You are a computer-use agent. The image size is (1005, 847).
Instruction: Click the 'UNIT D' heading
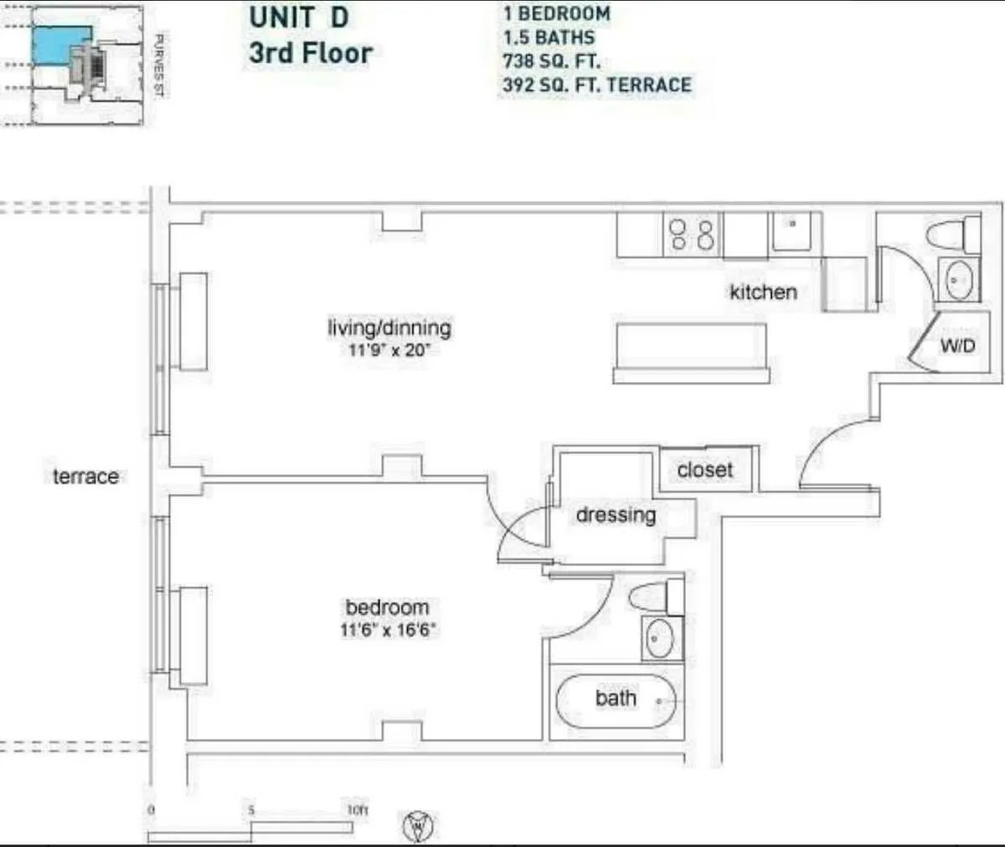pos(298,18)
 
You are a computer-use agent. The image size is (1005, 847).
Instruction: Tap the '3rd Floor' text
pos(310,54)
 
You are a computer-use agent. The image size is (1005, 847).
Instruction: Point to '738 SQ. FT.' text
pos(551,61)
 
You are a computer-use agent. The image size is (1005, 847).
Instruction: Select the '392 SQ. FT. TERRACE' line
pos(596,85)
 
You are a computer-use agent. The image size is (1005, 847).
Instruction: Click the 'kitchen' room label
pos(762,292)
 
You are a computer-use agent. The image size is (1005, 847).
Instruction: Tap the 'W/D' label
pos(957,345)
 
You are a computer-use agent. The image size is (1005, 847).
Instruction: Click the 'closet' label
pos(704,470)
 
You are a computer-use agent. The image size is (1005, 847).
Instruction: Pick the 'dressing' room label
pos(616,514)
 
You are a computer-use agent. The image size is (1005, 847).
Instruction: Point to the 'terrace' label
pos(85,477)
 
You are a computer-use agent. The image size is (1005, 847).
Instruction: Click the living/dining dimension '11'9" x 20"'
pos(389,349)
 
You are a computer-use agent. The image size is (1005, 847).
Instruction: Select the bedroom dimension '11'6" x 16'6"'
pos(388,629)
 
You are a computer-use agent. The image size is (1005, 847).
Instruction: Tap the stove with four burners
pos(692,235)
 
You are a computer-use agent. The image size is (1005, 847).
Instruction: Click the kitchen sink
pos(790,231)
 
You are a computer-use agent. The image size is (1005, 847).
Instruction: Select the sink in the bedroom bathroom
pos(661,639)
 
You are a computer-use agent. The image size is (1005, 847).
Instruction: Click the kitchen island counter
pos(690,352)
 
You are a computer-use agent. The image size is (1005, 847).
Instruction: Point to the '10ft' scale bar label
pos(357,810)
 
